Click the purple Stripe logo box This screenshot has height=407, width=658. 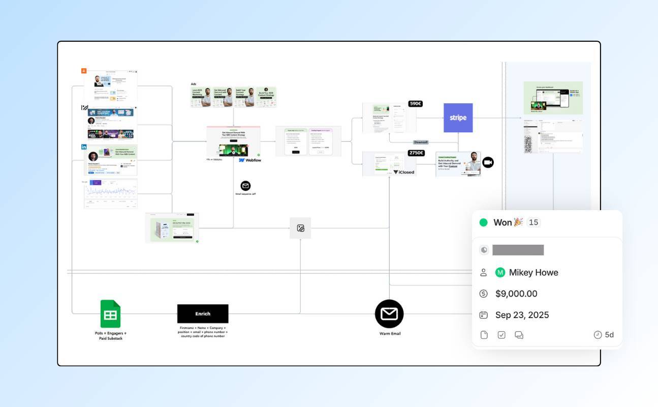tap(458, 118)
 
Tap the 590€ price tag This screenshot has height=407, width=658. tap(415, 104)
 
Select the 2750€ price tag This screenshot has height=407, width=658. tap(416, 153)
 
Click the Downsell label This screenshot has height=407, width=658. tap(421, 142)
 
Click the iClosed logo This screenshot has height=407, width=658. tap(403, 172)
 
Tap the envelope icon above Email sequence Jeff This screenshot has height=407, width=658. tap(245, 186)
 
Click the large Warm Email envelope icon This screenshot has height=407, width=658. tap(389, 314)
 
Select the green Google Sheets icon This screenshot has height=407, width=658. tap(110, 314)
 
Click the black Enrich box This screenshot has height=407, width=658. tap(203, 313)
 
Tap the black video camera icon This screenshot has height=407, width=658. tap(488, 162)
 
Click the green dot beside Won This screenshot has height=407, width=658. tap(483, 222)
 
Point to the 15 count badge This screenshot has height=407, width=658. tap(533, 222)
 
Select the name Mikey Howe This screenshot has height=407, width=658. tap(534, 272)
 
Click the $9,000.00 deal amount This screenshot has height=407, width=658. tap(516, 294)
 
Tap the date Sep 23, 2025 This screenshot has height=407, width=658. tap(522, 315)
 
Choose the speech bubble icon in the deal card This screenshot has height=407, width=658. tap(519, 335)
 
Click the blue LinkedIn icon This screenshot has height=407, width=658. tap(84, 147)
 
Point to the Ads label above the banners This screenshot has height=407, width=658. tap(194, 84)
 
